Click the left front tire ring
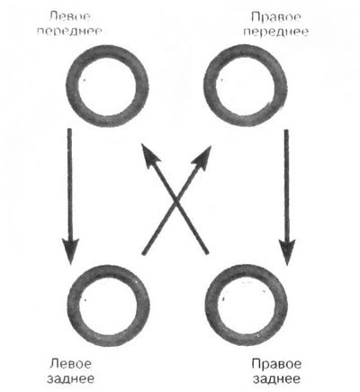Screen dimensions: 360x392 point(71,87)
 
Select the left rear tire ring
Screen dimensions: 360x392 point(73,305)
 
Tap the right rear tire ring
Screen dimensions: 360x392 point(211,305)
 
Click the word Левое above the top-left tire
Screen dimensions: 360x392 point(69,16)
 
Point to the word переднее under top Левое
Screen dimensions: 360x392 point(69,32)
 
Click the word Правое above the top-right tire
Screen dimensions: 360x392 point(276,17)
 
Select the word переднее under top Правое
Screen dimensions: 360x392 point(276,32)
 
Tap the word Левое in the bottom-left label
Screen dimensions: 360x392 point(70,364)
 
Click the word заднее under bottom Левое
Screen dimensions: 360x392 point(70,378)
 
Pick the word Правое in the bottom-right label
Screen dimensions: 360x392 point(276,364)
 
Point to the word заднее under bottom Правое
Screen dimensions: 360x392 point(276,378)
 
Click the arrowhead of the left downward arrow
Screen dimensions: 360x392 point(70,251)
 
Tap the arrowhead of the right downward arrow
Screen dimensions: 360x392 point(287,251)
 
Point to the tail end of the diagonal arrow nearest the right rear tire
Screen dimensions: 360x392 point(206,253)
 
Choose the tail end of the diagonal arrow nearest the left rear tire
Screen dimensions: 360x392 point(144,254)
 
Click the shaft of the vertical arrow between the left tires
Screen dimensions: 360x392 point(70,184)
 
